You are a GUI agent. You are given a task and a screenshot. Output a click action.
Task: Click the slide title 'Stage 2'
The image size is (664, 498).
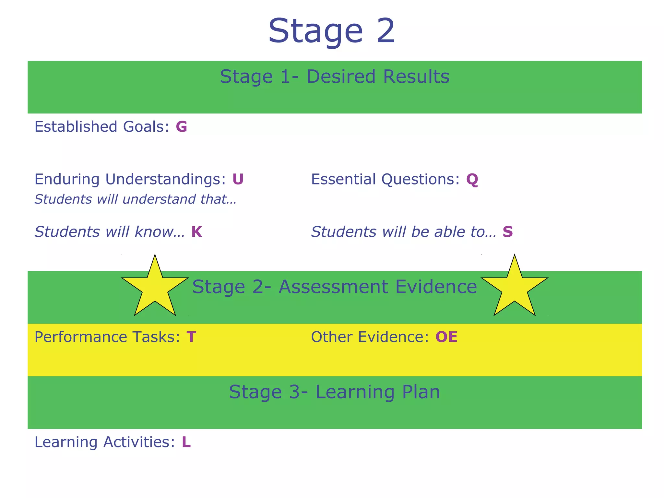click(x=332, y=31)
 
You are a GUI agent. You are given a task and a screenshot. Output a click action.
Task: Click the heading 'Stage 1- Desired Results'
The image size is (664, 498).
click(x=335, y=77)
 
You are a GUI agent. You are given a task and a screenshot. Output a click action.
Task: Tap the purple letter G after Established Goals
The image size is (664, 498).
click(x=182, y=126)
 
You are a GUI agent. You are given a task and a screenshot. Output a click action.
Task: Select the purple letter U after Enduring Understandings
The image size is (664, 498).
click(x=238, y=179)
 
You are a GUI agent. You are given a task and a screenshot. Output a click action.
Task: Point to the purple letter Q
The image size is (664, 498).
click(x=472, y=180)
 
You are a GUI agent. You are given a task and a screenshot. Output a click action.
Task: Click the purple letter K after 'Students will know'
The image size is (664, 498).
click(x=197, y=232)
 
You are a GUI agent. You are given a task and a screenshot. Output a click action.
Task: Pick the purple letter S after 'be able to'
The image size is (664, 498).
click(x=508, y=232)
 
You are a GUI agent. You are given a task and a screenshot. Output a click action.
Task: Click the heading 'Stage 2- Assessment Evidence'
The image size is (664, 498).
click(x=335, y=287)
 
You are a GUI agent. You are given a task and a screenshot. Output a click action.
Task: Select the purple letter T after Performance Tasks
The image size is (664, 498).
click(x=191, y=337)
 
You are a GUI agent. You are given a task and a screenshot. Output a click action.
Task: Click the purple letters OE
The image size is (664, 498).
click(x=446, y=337)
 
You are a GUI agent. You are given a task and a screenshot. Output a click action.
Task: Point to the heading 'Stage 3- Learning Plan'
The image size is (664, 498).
click(x=335, y=392)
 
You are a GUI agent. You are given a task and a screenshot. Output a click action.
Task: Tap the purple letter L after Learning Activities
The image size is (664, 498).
click(x=186, y=442)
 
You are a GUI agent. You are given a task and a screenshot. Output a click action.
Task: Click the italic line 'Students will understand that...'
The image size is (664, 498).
click(x=136, y=199)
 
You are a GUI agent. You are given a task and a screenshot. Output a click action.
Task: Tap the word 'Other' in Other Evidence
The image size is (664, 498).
click(x=331, y=337)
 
